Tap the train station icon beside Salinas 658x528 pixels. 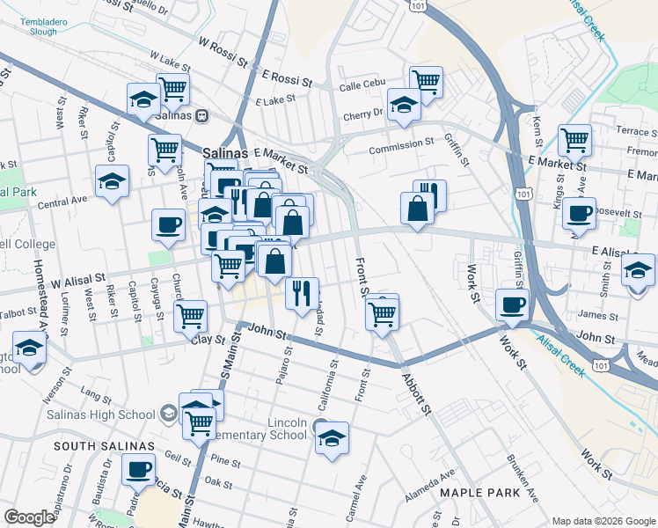[201, 114]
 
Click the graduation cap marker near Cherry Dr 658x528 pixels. [404, 105]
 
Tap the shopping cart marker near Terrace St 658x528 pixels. [574, 139]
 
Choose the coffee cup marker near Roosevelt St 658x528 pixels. [580, 214]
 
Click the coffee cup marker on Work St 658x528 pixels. [513, 305]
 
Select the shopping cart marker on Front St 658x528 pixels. [382, 312]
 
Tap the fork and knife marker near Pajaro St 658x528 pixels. [302, 293]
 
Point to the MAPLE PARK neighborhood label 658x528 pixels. [479, 493]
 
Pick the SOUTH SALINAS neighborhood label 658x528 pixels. [97, 446]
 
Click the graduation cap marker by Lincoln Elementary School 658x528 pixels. [332, 438]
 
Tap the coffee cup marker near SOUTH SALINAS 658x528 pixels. [138, 470]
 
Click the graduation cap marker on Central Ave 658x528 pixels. [112, 182]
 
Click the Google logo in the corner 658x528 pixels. [29, 517]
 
